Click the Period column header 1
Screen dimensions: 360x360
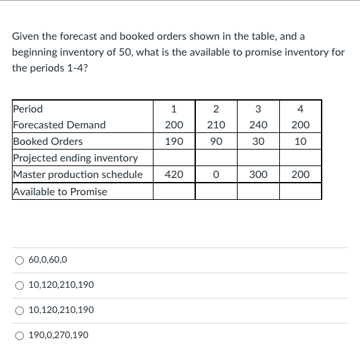coord(173,109)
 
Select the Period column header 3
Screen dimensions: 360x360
coord(258,109)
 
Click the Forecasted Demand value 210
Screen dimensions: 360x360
coord(216,125)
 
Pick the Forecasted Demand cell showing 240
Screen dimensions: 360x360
coord(258,125)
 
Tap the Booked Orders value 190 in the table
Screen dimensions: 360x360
coord(173,142)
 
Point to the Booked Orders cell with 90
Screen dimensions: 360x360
coord(216,142)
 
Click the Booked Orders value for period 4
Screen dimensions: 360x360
coord(300,142)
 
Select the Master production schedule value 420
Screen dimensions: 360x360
coord(173,175)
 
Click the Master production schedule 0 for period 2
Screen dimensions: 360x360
coord(216,175)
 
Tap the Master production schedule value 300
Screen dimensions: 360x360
coord(258,175)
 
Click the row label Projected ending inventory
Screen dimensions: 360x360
coord(75,158)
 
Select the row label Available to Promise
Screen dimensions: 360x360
coord(60,191)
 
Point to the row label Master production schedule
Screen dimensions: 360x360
coord(78,175)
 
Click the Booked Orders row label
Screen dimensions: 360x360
coord(48,142)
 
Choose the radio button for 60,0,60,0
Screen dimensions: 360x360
coord(20,260)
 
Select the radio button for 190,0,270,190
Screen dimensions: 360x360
coord(20,335)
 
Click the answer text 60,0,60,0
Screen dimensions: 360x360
coord(48,260)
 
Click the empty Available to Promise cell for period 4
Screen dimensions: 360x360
coord(300,191)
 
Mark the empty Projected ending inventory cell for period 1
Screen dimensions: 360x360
coord(173,158)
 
